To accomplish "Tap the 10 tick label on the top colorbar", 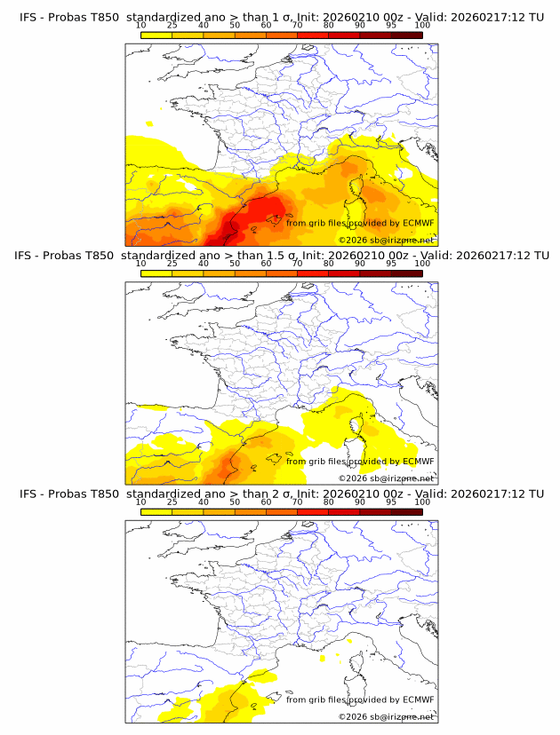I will click(140, 25).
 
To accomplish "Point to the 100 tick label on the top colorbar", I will click(422, 25).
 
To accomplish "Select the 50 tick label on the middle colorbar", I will click(235, 264).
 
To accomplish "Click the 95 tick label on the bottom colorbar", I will click(391, 502).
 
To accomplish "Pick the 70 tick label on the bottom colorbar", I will click(297, 502).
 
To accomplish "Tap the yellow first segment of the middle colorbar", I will click(156, 273).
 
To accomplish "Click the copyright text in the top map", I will click(386, 241).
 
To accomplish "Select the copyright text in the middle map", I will click(386, 478).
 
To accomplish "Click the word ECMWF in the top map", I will click(418, 223).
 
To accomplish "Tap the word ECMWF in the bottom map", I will click(418, 699).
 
